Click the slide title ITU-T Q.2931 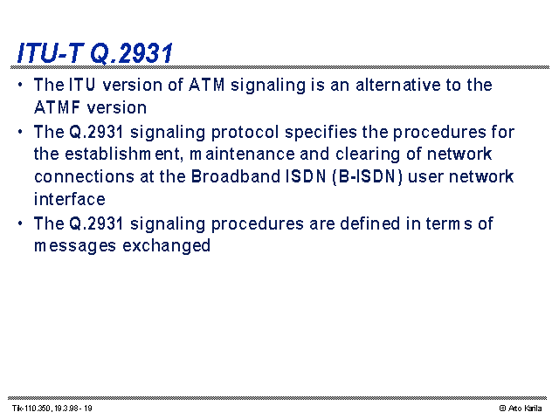tap(95, 53)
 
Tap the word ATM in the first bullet tap(207, 85)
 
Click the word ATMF tap(57, 107)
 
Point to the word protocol tap(245, 133)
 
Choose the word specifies tap(321, 133)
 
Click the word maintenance tap(242, 155)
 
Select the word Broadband tap(236, 176)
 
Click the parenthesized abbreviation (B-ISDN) tap(367, 177)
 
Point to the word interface tap(70, 199)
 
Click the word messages tap(75, 246)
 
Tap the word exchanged tap(167, 246)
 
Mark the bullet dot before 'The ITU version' tap(20, 85)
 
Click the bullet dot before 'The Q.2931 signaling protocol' tap(20, 132)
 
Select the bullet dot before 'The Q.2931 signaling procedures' tap(20, 223)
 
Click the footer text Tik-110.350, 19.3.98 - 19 tap(52, 409)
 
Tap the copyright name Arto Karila tap(525, 409)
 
